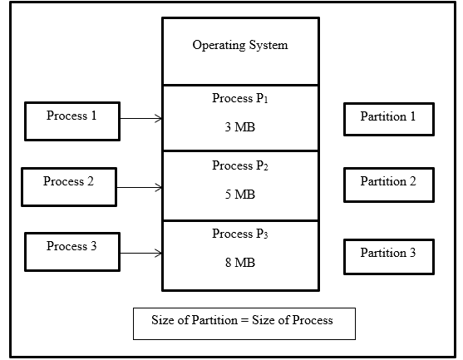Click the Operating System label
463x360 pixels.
[239, 45]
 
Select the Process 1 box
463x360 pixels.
[71, 121]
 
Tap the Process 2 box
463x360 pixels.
[68, 187]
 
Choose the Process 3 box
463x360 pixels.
[71, 252]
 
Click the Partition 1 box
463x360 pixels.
[388, 118]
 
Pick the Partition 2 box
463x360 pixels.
[388, 183]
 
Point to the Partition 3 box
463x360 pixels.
[388, 254]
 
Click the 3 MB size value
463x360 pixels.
[239, 129]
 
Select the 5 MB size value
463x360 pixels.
[239, 195]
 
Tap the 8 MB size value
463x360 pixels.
[239, 263]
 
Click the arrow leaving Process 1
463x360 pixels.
[140, 119]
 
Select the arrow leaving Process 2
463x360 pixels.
[139, 188]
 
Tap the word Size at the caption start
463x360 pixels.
[163, 321]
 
